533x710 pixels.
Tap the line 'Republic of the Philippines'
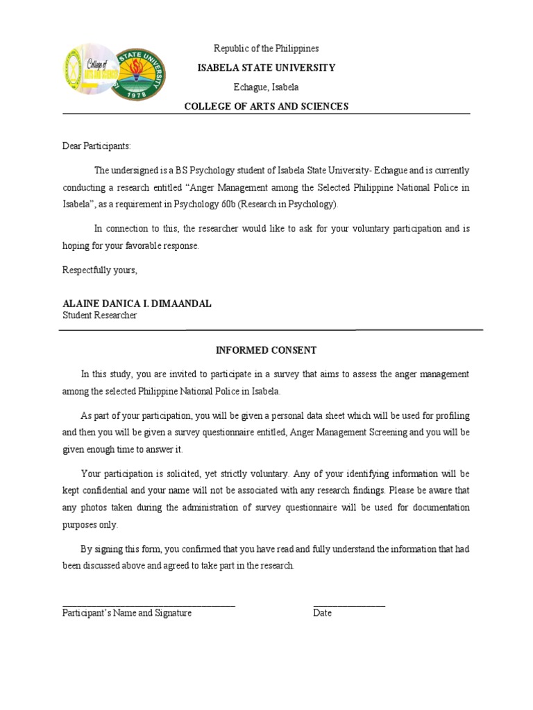point(266,49)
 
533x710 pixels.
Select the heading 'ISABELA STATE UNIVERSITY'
point(266,68)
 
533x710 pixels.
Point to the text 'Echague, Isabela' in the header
point(266,87)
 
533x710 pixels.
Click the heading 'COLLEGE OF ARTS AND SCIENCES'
point(266,106)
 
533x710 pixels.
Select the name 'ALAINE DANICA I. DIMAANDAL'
point(128,304)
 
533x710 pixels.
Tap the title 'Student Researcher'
point(100,315)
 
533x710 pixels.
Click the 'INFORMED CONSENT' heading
point(266,350)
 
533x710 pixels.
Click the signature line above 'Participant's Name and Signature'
point(149,605)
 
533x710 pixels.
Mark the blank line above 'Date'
point(349,605)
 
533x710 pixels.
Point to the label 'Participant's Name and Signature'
point(127,614)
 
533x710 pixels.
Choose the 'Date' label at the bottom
point(323,614)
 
